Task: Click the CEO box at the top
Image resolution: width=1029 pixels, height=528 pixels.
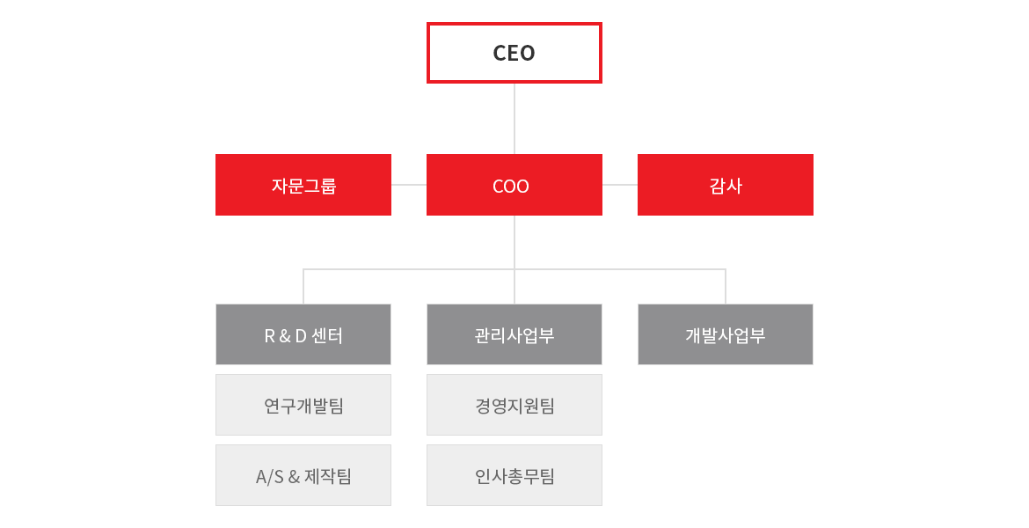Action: coord(514,53)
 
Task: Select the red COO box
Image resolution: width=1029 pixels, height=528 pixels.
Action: coord(514,185)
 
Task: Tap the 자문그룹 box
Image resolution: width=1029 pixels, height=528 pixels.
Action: coord(303,185)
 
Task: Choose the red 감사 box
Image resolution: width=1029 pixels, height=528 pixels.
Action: coord(725,185)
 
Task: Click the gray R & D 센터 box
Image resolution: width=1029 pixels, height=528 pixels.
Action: coord(303,334)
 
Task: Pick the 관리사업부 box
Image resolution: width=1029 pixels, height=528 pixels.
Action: coord(514,334)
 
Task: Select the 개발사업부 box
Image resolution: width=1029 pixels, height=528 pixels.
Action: coord(725,334)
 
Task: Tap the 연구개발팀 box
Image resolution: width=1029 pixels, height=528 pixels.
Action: coord(303,405)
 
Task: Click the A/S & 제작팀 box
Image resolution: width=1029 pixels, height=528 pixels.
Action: coord(303,475)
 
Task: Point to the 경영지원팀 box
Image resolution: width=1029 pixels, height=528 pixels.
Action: coord(514,405)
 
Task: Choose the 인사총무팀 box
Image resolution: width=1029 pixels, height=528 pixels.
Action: coord(514,475)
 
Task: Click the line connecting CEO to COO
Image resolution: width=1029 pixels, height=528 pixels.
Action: coord(514,118)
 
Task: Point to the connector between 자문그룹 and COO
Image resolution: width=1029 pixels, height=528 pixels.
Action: coord(409,185)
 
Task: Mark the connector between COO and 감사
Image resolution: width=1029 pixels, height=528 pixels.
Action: coord(620,185)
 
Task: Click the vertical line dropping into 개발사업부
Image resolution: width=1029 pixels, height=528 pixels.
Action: coord(725,286)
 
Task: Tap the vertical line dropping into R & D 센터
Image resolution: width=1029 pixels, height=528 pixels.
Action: coord(303,286)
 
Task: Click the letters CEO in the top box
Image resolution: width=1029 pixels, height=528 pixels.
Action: coord(514,53)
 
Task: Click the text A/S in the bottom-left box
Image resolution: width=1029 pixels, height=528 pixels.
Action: coord(266,476)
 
